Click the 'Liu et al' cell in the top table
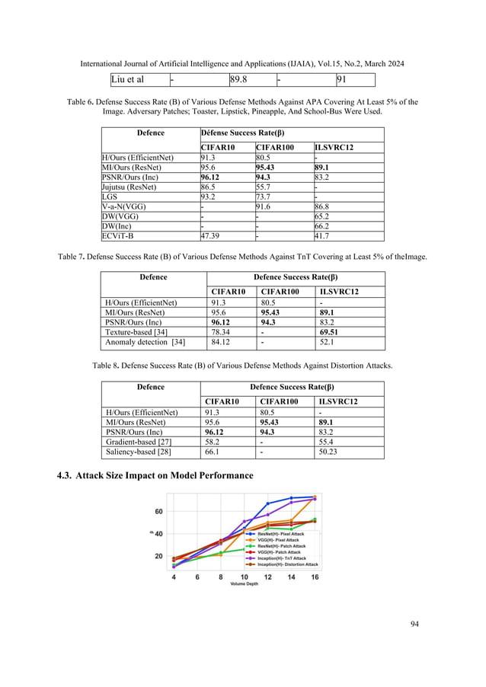128,78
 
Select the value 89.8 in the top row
239,78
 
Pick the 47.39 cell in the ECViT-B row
211,237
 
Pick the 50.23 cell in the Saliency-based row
331,452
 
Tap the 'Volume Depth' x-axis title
245,583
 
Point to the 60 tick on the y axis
158,511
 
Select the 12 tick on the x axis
267,577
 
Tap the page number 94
414,625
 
